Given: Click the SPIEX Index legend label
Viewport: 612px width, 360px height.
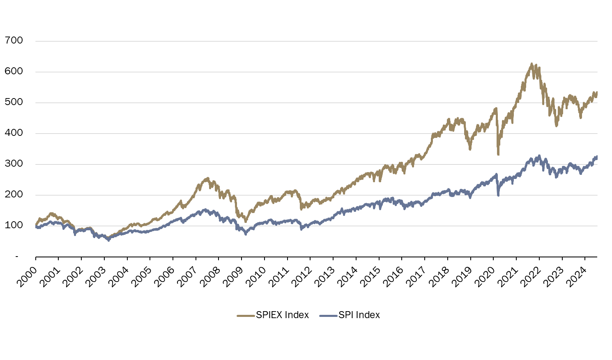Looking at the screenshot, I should click(282, 315).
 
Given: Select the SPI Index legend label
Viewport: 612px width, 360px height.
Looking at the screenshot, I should click(359, 315).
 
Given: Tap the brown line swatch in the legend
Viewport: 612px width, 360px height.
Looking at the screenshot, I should click(246, 315).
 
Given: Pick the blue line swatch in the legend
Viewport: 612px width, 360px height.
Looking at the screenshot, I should click(328, 315).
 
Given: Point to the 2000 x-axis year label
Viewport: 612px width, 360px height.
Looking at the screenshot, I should click(27, 275).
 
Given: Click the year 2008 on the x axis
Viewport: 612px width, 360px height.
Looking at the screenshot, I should click(210, 275).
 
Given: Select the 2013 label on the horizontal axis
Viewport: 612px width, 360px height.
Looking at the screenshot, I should click(324, 275).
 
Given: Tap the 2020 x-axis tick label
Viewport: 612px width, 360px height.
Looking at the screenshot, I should click(485, 275).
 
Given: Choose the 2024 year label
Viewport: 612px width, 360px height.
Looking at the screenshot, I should click(576, 275).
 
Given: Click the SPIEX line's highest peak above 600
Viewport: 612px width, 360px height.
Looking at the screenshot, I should click(531, 64).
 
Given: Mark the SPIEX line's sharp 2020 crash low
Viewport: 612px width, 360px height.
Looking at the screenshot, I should click(498, 154).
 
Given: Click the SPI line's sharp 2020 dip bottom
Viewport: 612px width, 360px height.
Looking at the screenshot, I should click(498, 195).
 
